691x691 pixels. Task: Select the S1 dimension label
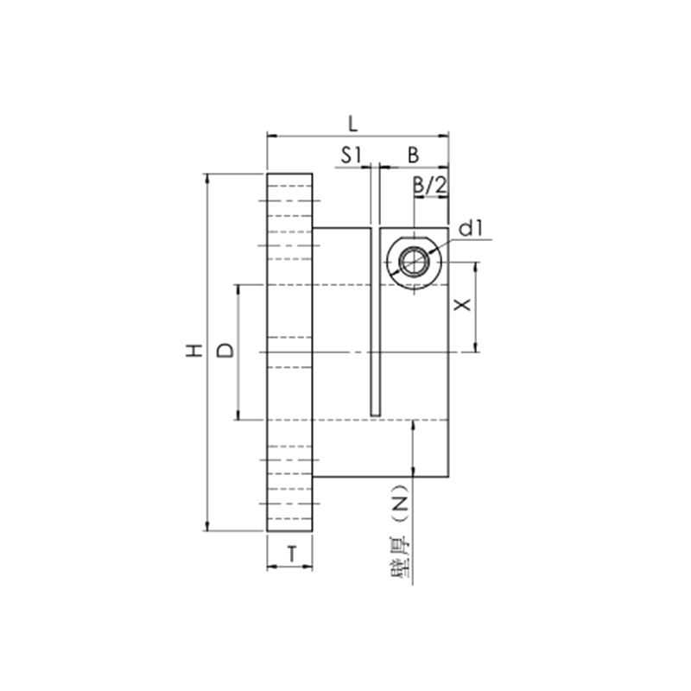(350, 155)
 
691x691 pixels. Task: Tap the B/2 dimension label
(429, 184)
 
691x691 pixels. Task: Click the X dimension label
(463, 307)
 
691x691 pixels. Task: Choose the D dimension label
(224, 351)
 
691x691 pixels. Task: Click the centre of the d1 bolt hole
(415, 260)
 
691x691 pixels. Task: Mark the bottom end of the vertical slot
(376, 413)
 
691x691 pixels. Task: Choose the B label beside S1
(414, 155)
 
